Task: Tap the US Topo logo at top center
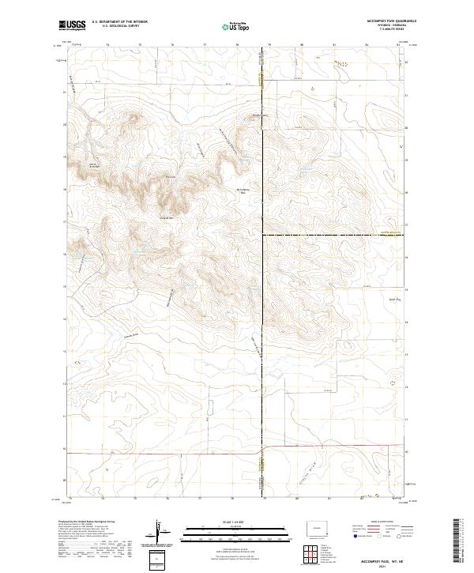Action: click(237, 25)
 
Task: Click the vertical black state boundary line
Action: click(264, 316)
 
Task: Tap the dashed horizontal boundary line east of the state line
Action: click(332, 236)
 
